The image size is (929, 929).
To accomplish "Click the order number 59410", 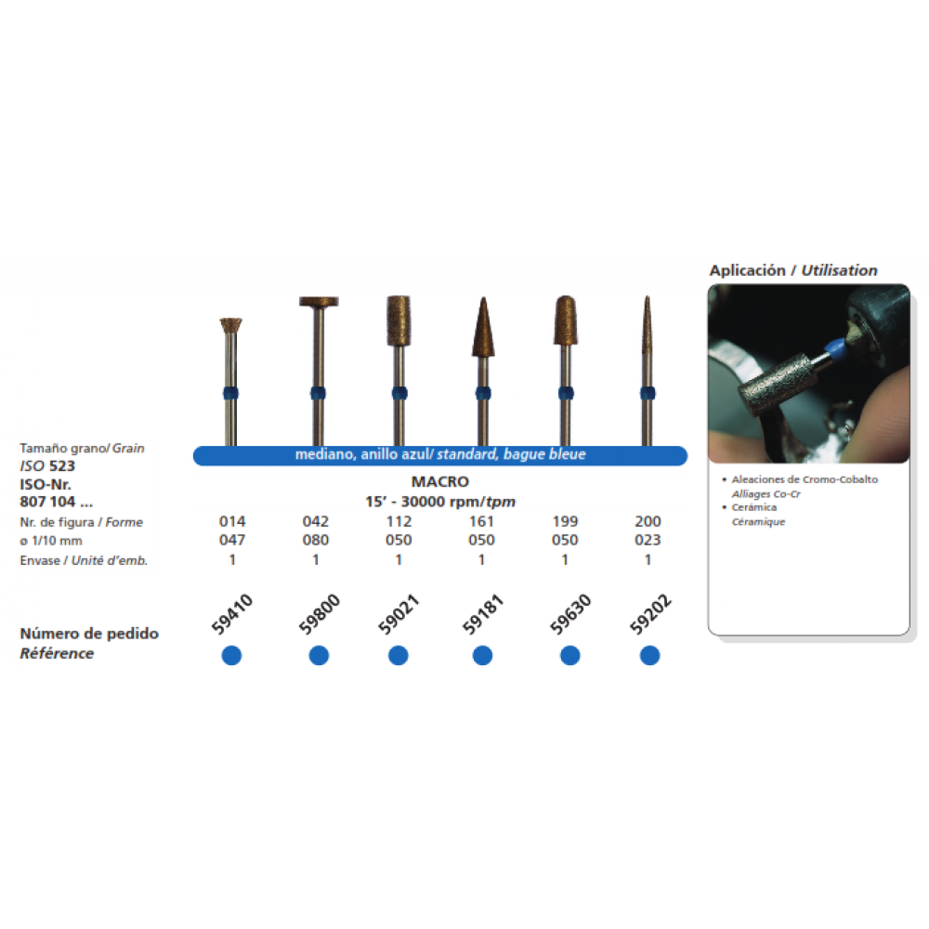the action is point(232,614).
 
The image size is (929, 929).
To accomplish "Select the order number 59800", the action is point(320,614).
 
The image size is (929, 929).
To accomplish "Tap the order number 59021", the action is point(399,614).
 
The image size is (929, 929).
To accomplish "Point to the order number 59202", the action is point(650,614).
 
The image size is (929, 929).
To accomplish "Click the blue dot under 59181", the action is point(482,655).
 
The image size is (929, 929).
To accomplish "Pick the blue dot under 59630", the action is point(570,655).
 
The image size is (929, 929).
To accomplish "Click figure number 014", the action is point(232,521).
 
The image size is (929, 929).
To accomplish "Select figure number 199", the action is point(565,521).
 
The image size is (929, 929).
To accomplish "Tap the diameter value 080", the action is point(316,540).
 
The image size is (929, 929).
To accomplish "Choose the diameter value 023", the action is point(648,540).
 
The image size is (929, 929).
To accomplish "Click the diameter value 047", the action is point(232,540).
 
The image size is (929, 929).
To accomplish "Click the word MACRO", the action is point(440,481).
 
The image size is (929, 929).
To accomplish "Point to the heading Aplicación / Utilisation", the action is point(793,270).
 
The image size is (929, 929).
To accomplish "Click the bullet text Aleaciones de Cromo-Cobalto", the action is point(805,479).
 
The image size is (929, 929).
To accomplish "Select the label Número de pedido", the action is point(89,634).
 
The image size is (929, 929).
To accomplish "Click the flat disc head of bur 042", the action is point(319,302).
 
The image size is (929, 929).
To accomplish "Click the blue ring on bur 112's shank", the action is point(399,393).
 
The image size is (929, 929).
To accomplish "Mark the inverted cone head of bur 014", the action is point(230,325).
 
